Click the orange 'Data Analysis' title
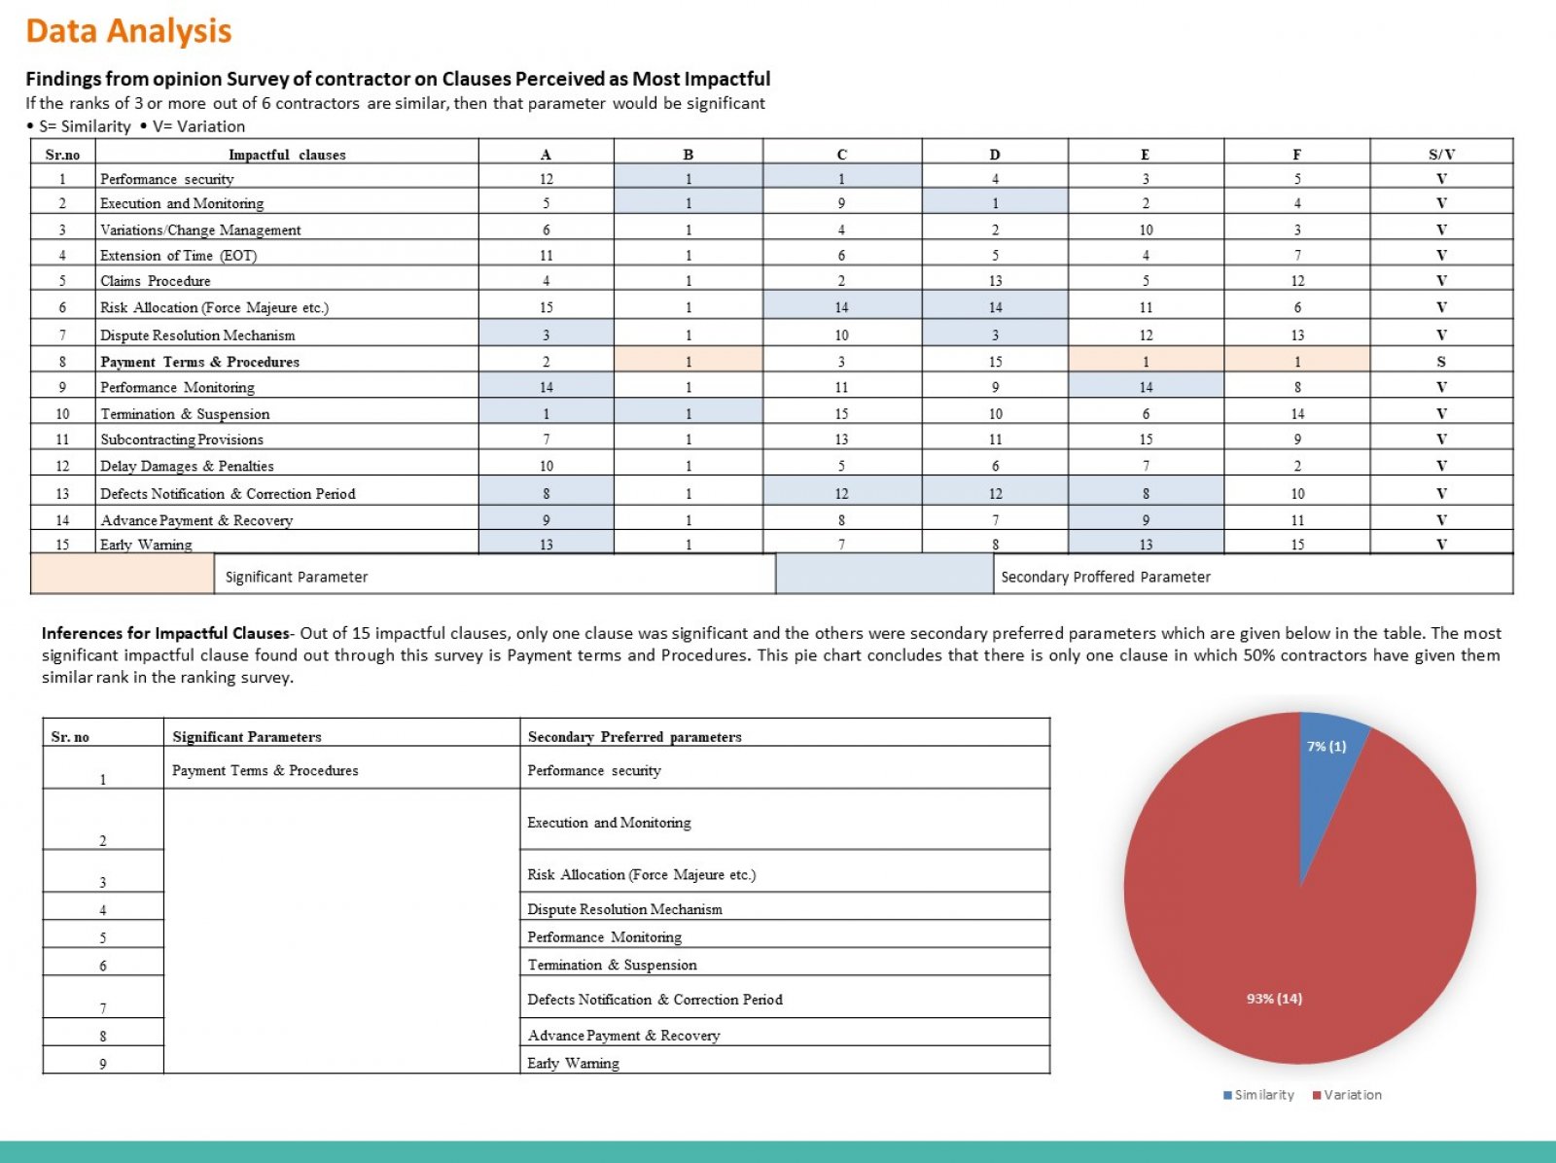pyautogui.click(x=128, y=31)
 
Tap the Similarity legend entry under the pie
pyautogui.click(x=1258, y=1095)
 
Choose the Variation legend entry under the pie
pyautogui.click(x=1347, y=1095)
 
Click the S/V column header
pyautogui.click(x=1441, y=155)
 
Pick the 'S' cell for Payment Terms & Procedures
pyautogui.click(x=1441, y=362)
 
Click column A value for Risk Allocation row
pyautogui.click(x=546, y=307)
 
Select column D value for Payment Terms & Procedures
pyautogui.click(x=995, y=362)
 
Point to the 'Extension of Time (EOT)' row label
pyautogui.click(x=178, y=255)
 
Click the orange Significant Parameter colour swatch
pyautogui.click(x=122, y=574)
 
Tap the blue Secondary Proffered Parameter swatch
pyautogui.click(x=885, y=574)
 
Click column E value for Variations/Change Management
pyautogui.click(x=1146, y=229)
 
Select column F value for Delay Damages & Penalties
pyautogui.click(x=1297, y=466)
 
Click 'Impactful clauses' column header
pyautogui.click(x=287, y=155)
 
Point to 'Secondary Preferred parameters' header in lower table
pyautogui.click(x=634, y=737)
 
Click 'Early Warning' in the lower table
pyautogui.click(x=573, y=1063)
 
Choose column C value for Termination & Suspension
pyautogui.click(x=841, y=414)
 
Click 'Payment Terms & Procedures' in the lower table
pyautogui.click(x=265, y=770)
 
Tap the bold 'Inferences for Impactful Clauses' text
pyautogui.click(x=165, y=633)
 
